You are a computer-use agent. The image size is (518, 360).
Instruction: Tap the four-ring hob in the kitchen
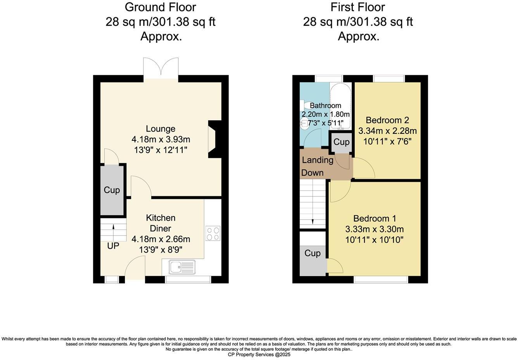coord(213,233)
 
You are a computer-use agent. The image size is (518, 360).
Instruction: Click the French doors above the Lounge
coord(161,68)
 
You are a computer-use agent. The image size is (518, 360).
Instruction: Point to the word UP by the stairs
coord(113,246)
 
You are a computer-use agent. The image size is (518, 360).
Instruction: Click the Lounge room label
coord(161,129)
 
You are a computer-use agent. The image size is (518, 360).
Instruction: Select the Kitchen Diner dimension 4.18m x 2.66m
coord(161,239)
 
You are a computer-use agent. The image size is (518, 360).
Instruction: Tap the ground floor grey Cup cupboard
coord(112,190)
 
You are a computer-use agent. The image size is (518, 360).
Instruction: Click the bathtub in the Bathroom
coord(341,106)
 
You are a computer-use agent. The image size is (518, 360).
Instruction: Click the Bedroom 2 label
coord(387,120)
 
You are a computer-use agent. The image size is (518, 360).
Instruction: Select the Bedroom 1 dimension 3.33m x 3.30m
coord(375,229)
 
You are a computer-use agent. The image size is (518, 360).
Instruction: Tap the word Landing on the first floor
coord(318,160)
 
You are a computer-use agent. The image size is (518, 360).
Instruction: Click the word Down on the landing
coord(313,173)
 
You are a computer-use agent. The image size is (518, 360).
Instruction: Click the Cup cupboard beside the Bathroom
coord(341,142)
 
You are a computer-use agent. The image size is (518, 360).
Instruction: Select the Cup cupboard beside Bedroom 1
coord(313,253)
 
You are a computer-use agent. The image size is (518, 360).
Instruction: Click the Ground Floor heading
coord(161,7)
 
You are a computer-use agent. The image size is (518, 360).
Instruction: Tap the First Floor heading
coord(358,7)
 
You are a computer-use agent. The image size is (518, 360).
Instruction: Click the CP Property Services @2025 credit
coord(259,355)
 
